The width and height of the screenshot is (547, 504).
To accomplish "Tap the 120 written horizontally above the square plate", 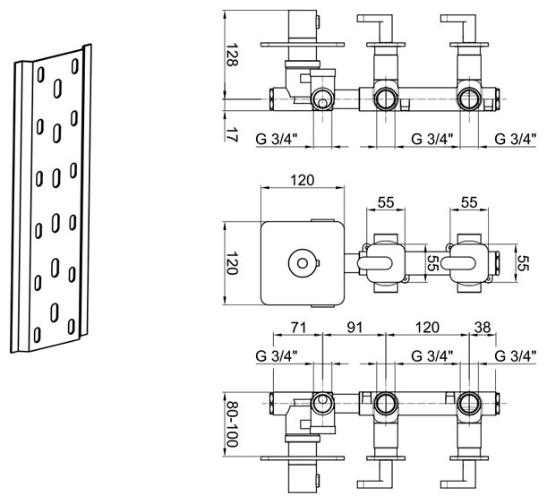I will [303, 180].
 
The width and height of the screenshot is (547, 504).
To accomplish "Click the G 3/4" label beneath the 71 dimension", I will [289, 356].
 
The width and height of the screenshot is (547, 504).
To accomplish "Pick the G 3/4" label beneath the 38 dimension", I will [517, 356].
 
